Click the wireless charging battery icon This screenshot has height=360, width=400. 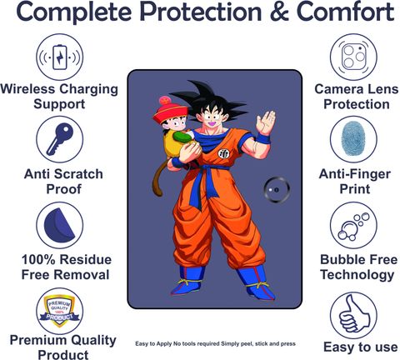coord(59,57)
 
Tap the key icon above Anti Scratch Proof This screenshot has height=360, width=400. coord(59,139)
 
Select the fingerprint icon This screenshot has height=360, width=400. coord(353,138)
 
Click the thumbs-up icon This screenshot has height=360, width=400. coord(354,315)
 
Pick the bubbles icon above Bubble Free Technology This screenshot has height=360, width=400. coord(353,227)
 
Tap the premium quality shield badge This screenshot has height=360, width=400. coord(59,311)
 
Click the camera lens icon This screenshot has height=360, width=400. coord(353,57)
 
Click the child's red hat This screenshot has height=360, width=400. coord(167,110)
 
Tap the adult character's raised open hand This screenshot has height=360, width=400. coord(266,122)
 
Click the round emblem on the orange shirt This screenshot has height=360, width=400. coord(224,153)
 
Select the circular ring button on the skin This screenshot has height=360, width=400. coord(277,190)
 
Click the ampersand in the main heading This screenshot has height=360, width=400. coord(280,12)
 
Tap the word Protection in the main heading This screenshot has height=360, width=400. coord(200,12)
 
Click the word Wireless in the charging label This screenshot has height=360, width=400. coord(27,89)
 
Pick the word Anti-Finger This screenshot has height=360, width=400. coord(355,174)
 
